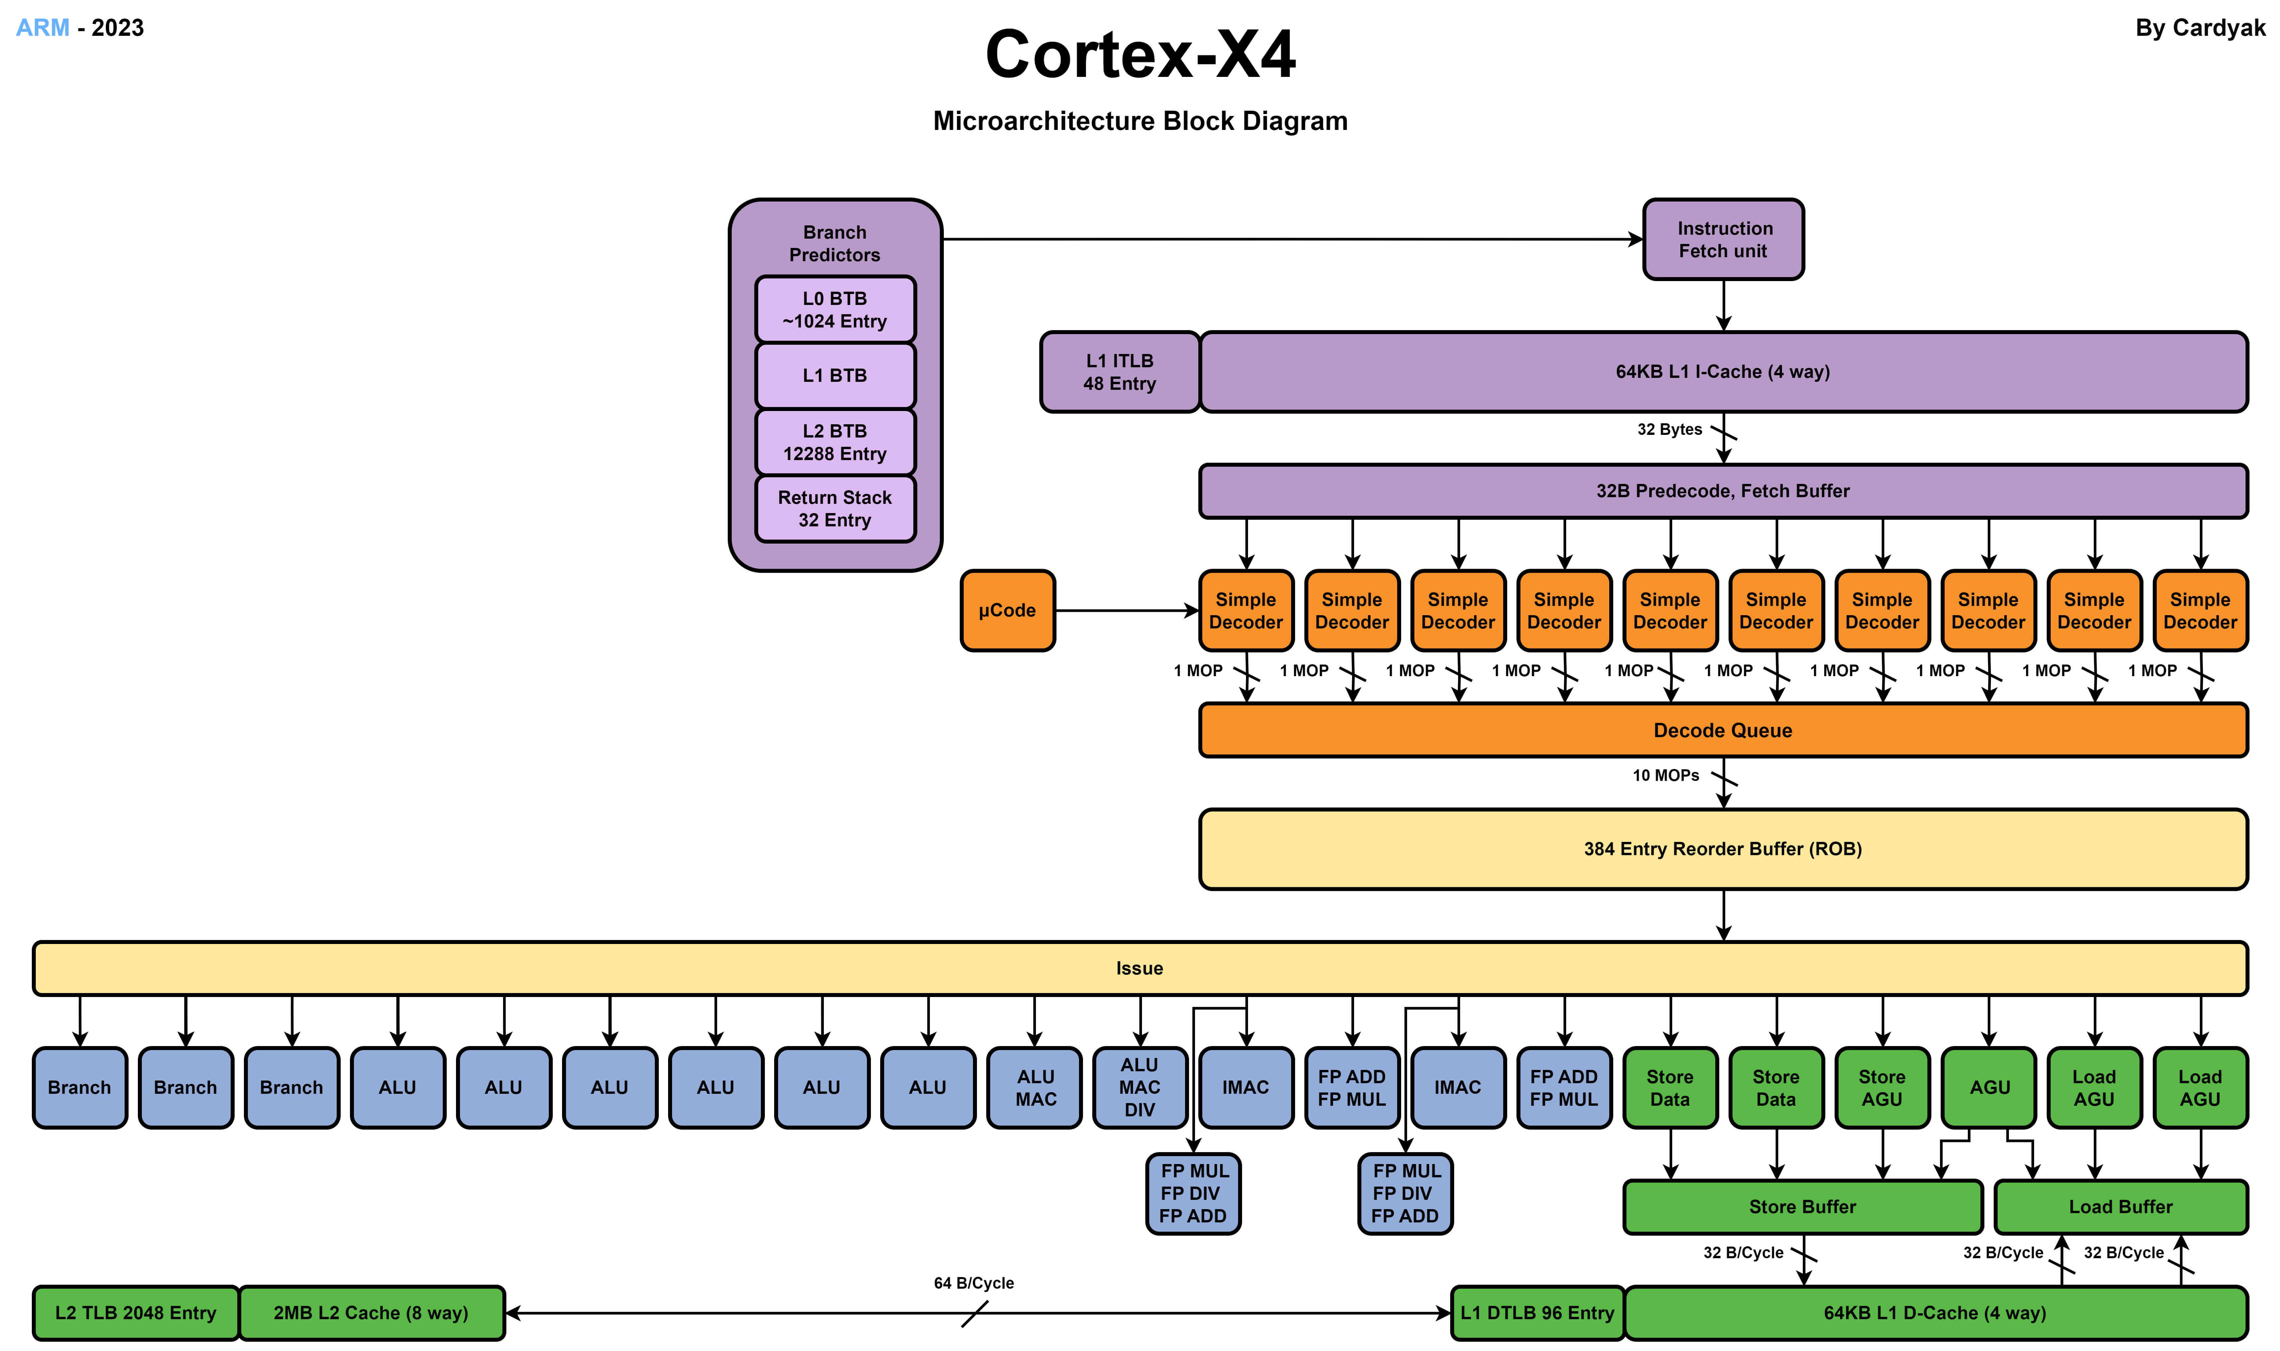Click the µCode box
(1007, 611)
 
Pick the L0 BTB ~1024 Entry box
(835, 310)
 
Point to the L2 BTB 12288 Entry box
(835, 442)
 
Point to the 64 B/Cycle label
(973, 1283)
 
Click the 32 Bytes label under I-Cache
(1668, 430)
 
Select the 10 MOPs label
(1665, 776)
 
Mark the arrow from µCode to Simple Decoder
(1126, 611)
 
